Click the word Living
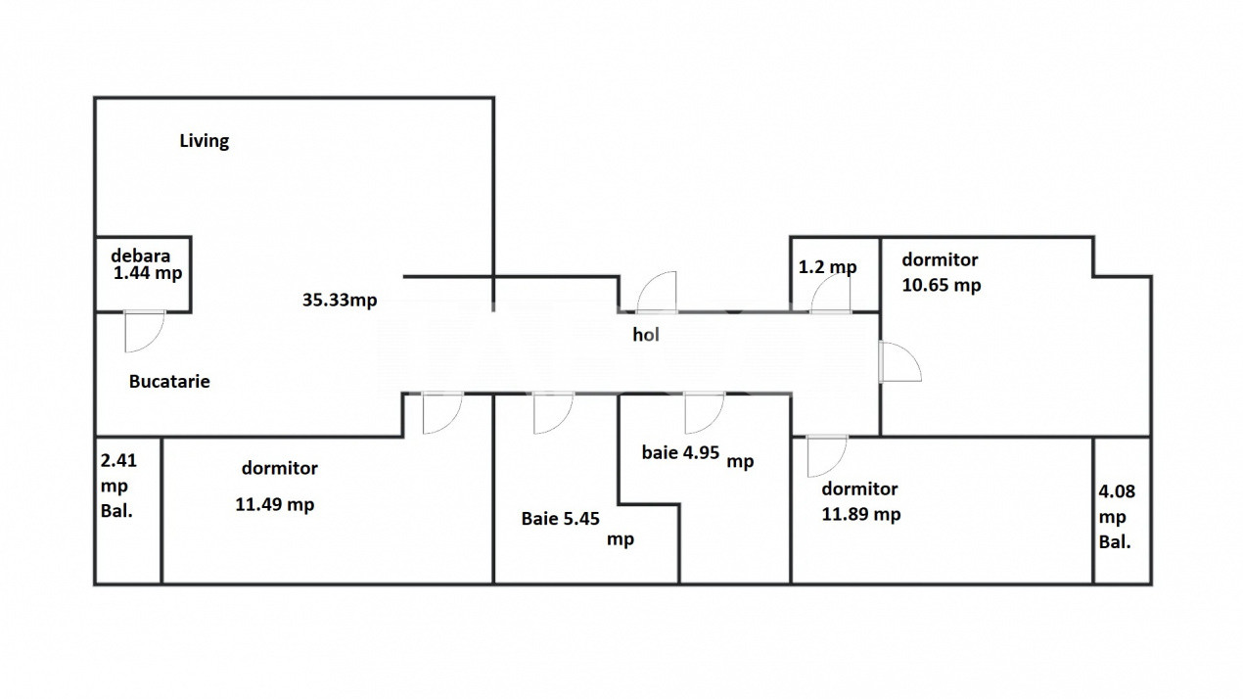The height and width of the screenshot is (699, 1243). (205, 141)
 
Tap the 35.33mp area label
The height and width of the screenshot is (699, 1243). (340, 300)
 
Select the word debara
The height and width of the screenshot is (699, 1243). (140, 256)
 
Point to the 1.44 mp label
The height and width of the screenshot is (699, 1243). (148, 273)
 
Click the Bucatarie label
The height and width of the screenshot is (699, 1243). (169, 382)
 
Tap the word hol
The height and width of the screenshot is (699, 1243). (646, 334)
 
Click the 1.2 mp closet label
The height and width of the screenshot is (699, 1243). (827, 267)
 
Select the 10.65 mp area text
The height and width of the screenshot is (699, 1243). (942, 285)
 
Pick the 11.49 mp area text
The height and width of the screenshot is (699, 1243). (275, 505)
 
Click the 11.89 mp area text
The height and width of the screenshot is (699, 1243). (860, 514)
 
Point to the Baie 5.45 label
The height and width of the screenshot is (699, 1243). (561, 519)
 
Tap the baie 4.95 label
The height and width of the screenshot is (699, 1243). (680, 452)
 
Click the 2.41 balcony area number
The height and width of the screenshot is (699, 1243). (118, 460)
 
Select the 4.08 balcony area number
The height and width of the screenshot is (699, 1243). (1117, 491)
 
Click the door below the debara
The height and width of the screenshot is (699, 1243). (144, 331)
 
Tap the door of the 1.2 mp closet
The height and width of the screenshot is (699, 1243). (830, 294)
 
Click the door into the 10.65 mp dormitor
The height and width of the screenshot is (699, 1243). (900, 362)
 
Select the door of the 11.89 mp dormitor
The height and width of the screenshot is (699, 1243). (827, 456)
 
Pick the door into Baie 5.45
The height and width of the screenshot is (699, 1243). (553, 412)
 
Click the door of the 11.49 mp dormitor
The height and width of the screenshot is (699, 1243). (442, 412)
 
